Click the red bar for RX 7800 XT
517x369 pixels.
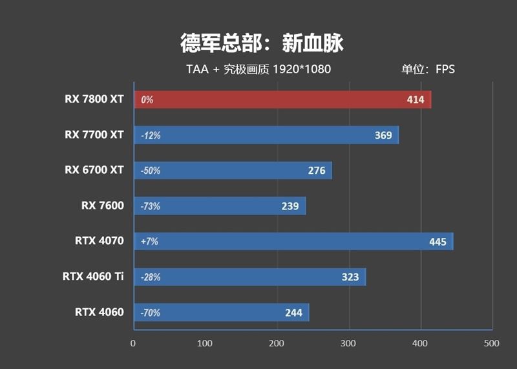coord(282,100)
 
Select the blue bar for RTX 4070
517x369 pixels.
coord(293,242)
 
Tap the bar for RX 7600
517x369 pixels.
coord(219,206)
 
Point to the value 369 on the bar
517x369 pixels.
coord(383,135)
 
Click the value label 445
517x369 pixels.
coord(438,242)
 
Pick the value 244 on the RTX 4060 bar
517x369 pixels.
coord(293,313)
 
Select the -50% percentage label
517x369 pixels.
coord(150,171)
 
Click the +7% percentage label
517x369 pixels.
coord(149,242)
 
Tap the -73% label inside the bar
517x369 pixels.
coord(150,206)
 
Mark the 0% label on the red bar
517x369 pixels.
coord(147,100)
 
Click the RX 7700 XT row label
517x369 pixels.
coord(94,135)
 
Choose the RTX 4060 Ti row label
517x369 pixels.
coord(93,277)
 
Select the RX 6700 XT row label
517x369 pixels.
coord(94,170)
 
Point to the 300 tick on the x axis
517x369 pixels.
coord(349,343)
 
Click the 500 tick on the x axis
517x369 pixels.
coord(492,343)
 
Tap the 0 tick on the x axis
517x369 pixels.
coord(133,343)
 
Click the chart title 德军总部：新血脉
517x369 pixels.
coord(262,43)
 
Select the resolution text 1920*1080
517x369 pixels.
coord(302,69)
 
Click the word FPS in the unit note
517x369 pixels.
coord(445,69)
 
